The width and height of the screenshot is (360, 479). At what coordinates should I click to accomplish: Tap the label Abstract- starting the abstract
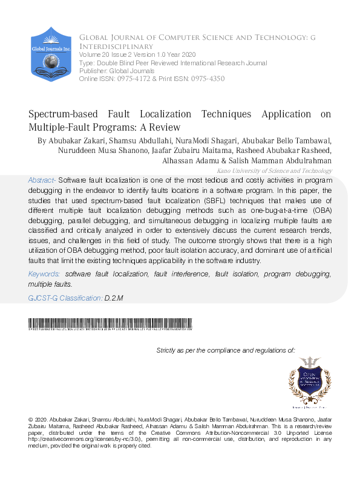coord(42,180)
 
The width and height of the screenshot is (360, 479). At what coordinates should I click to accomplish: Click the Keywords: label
coord(45,274)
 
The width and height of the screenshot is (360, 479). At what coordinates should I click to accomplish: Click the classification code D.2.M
coord(114,298)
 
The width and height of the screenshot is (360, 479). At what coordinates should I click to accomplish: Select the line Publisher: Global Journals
coord(113,71)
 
